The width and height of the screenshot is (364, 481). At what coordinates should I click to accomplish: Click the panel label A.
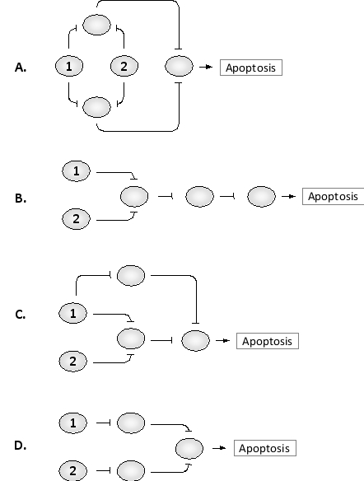point(21,68)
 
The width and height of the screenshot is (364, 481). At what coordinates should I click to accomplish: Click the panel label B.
point(21,198)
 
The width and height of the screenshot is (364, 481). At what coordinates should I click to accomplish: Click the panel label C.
point(21,314)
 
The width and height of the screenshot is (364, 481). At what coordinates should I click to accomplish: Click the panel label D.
point(21,446)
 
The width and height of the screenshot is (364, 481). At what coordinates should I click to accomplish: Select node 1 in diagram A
point(69,66)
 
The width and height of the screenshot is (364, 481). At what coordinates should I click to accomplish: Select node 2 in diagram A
point(124,66)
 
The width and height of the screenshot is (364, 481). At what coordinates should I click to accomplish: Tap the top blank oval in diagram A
point(97,26)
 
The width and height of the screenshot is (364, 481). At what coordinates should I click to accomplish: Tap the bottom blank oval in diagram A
point(97,106)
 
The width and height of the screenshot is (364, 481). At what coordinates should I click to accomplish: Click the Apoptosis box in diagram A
point(251,68)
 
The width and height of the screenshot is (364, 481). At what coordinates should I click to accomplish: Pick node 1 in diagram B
point(76,171)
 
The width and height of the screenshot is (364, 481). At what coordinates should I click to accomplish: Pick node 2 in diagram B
point(76,219)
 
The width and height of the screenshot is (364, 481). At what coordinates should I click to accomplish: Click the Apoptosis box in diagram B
point(334,196)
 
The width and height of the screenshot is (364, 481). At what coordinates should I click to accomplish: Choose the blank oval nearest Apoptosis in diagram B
point(261,196)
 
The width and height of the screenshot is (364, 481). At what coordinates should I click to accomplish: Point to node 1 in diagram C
point(72,313)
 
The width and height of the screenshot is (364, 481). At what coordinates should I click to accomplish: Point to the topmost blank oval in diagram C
point(131,275)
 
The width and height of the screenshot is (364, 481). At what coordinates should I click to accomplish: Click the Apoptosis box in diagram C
point(267,340)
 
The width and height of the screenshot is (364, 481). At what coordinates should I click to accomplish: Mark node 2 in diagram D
point(72,471)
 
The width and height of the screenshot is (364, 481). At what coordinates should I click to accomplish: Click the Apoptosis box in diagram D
point(264,448)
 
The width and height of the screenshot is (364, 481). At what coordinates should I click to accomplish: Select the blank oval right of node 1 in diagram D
point(131,423)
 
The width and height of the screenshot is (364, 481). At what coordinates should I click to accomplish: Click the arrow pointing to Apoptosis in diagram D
point(219,448)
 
